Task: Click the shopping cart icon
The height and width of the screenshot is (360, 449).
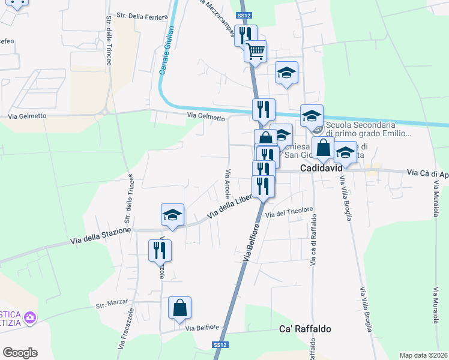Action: (x=256, y=52)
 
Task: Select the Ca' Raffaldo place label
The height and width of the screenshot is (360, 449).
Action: (x=306, y=329)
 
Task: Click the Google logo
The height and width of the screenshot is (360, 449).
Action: (x=20, y=353)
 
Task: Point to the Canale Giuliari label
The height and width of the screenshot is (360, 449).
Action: (x=167, y=50)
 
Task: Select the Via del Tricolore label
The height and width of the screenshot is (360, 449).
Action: (x=289, y=212)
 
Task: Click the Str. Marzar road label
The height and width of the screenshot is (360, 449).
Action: (x=112, y=305)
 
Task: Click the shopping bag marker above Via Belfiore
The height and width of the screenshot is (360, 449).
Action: (x=179, y=307)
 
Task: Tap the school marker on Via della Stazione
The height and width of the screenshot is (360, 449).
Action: (x=172, y=215)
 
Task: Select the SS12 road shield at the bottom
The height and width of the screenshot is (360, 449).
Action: (x=220, y=345)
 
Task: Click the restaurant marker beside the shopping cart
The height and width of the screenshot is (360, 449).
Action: (x=245, y=35)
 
